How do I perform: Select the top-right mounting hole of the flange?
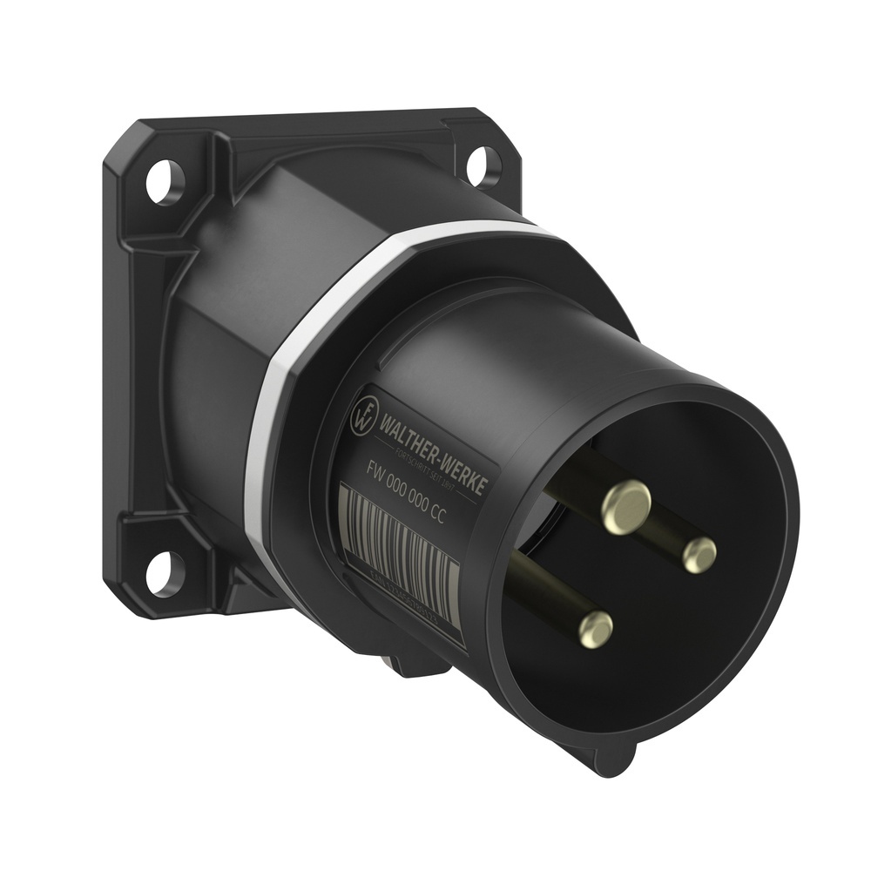(483, 165)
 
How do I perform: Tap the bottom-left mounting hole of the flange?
(161, 573)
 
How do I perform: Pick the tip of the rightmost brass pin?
(699, 555)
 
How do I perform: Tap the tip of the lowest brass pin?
(596, 628)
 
